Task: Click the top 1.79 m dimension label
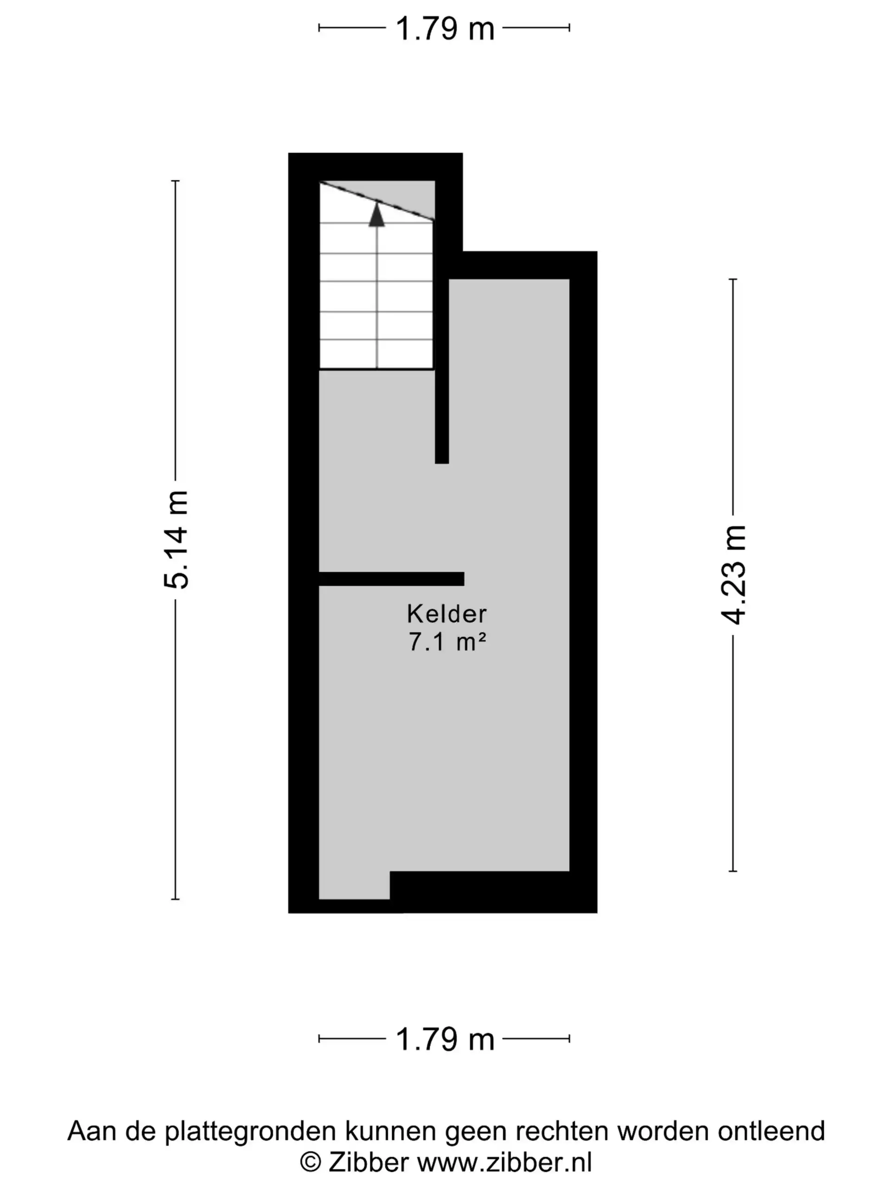tap(445, 28)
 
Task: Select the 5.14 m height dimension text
tap(176, 540)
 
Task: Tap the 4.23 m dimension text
tap(734, 575)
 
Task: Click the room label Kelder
tap(446, 614)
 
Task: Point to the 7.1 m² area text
tap(447, 642)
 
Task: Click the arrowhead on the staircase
tap(377, 214)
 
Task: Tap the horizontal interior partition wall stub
tap(392, 579)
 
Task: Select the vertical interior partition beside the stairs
tap(441, 371)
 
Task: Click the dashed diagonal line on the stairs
tap(377, 201)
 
